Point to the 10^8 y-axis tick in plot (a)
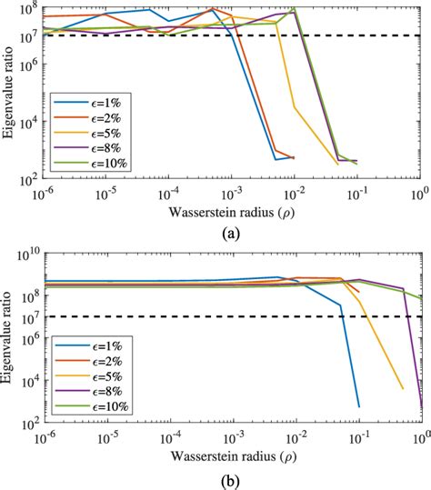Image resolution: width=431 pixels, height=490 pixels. [28, 8]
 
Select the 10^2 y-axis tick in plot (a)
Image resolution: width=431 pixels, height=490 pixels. [28, 180]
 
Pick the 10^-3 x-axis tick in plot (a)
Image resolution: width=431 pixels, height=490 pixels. [233, 195]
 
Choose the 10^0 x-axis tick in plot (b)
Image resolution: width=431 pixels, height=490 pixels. [420, 440]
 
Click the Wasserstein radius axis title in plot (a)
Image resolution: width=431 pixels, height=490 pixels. [233, 213]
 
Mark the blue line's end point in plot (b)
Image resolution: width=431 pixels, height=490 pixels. [358, 406]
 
